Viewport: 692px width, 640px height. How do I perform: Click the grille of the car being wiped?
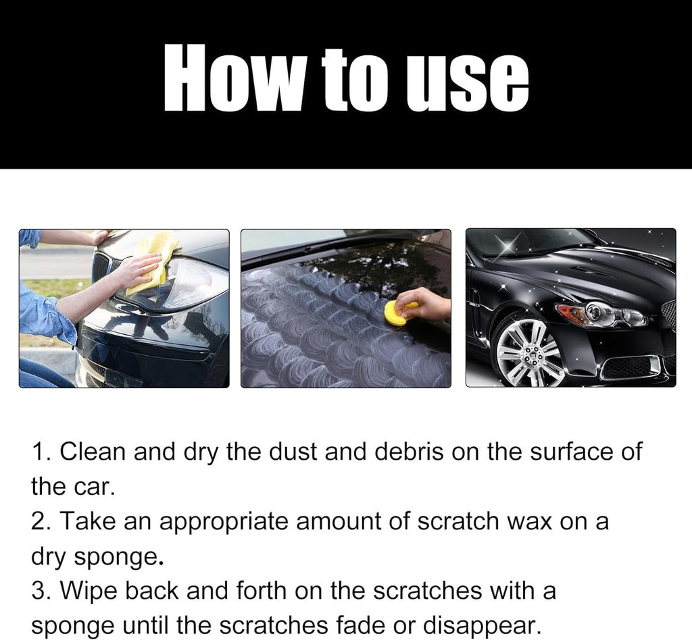[x=101, y=266]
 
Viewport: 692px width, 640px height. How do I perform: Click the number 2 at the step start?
[x=38, y=522]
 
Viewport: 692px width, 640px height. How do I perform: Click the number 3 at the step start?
[x=38, y=591]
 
